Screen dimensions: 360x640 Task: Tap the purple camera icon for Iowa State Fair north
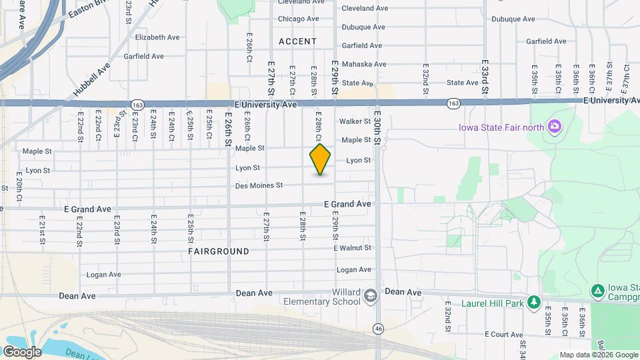pyautogui.click(x=553, y=127)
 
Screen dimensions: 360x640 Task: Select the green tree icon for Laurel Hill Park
pyautogui.click(x=533, y=303)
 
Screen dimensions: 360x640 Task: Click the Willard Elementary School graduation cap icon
pyautogui.click(x=371, y=295)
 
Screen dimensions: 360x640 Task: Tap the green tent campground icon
pyautogui.click(x=598, y=291)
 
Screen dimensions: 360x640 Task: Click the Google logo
pyautogui.click(x=22, y=351)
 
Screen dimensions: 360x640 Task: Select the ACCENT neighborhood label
pyautogui.click(x=298, y=41)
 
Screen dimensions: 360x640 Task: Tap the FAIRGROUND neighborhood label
pyautogui.click(x=219, y=251)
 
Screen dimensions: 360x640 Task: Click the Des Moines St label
pyautogui.click(x=259, y=185)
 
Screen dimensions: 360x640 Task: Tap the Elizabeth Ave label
pyautogui.click(x=159, y=37)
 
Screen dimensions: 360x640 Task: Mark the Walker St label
pyautogui.click(x=355, y=121)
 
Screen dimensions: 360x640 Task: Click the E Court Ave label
pyautogui.click(x=504, y=333)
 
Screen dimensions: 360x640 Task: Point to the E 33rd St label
pyautogui.click(x=485, y=79)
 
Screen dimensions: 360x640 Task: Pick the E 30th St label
pyautogui.click(x=377, y=127)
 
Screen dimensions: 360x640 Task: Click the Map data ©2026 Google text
pyautogui.click(x=598, y=355)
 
